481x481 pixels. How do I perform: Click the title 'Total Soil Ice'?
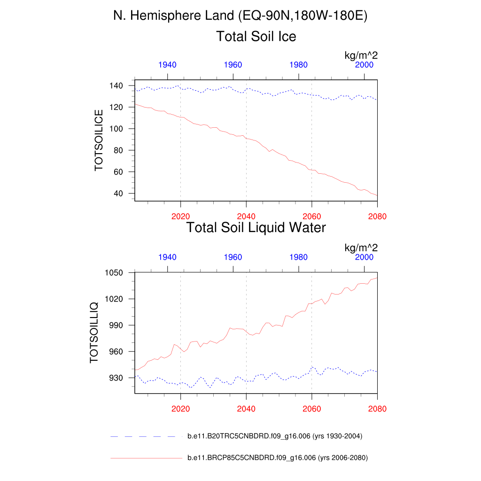256,36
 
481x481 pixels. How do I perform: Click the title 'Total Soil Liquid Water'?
256,228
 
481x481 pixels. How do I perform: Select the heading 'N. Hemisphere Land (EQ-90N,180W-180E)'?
240,16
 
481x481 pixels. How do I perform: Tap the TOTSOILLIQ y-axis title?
94,332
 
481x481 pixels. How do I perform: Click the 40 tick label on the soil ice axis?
119,194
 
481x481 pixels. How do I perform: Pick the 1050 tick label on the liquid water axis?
114,273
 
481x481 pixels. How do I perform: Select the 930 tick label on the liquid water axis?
116,378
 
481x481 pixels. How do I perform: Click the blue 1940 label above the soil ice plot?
167,65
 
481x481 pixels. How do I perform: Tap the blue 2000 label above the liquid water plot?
364,257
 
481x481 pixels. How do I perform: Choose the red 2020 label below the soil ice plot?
180,217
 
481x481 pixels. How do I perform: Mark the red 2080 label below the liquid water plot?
377,409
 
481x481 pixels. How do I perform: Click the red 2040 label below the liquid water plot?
246,409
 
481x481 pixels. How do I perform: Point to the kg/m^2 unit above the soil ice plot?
361,55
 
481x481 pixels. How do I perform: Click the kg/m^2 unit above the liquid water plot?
361,248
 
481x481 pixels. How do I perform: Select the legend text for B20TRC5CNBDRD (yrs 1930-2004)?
275,436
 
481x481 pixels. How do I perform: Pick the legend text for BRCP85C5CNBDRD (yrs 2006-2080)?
277,458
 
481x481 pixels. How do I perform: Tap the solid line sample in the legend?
146,458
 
